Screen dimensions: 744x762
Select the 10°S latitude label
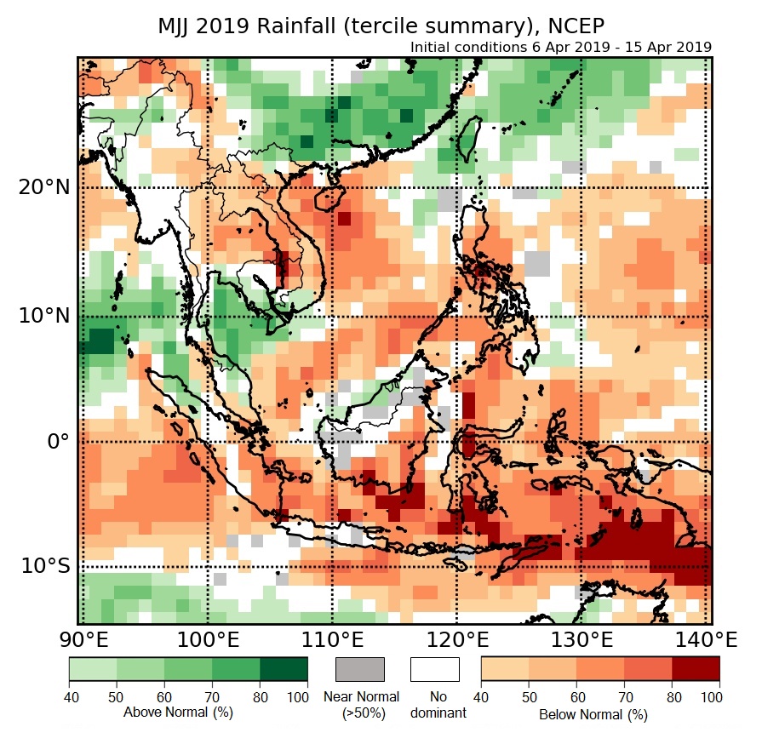click(x=43, y=566)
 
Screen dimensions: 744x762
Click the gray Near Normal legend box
click(x=360, y=669)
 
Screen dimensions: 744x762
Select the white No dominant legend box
click(x=434, y=669)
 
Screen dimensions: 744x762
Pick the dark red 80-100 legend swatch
click(x=696, y=669)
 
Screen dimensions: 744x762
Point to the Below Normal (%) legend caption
click(x=593, y=714)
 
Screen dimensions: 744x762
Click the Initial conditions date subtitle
click(x=560, y=47)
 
